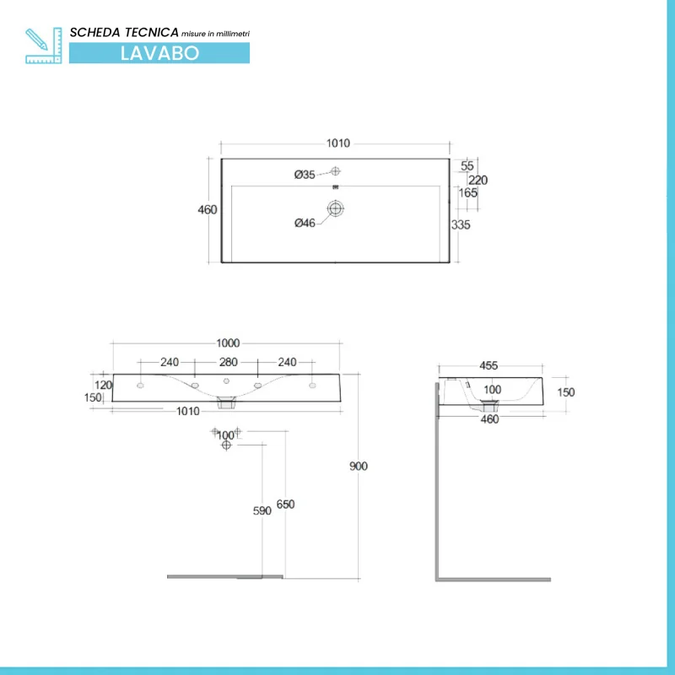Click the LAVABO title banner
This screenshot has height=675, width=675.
click(159, 52)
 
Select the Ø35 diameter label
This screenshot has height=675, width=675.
click(305, 175)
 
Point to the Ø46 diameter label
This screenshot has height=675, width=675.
click(305, 223)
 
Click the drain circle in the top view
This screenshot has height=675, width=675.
click(337, 208)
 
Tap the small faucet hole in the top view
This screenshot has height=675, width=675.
click(336, 171)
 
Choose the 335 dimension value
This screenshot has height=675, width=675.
click(461, 225)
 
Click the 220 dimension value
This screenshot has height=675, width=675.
click(478, 180)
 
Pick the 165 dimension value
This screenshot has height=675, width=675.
click(468, 193)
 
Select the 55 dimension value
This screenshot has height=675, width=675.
click(467, 166)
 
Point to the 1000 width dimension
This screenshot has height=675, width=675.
click(228, 343)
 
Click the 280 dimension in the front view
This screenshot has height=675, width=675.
click(228, 362)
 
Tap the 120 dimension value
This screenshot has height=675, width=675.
click(104, 385)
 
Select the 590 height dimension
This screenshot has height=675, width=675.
click(262, 510)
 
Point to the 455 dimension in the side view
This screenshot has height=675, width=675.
click(489, 366)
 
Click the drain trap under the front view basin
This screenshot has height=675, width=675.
click(225, 402)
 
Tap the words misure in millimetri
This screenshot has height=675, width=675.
click(216, 33)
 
